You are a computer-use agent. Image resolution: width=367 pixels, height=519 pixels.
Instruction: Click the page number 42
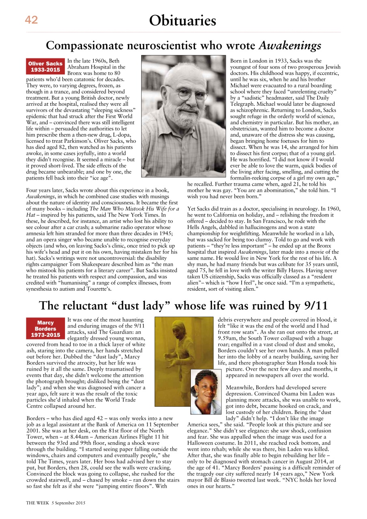(x=31, y=20)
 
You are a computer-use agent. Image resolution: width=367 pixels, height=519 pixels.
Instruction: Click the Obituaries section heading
(x=182, y=20)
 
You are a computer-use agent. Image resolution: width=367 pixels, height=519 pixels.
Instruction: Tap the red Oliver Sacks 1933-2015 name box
(x=45, y=66)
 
